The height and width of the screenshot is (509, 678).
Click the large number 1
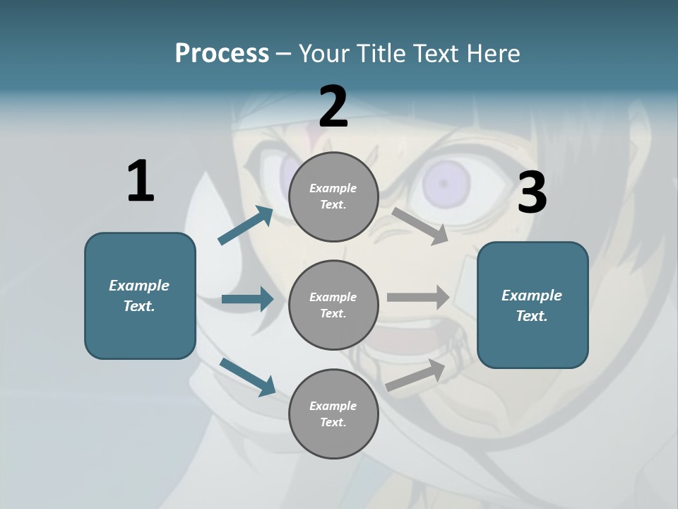141,181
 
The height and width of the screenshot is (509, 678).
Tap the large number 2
333,106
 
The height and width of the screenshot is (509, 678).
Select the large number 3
532,192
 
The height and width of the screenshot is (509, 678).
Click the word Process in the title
222,53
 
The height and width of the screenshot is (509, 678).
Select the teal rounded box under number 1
140,296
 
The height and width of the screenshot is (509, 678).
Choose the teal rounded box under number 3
533,305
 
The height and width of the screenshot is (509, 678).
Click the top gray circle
333,197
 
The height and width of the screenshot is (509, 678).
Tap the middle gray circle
333,305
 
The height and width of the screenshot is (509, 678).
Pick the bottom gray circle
333,414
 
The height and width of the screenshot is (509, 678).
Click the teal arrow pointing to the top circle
246,226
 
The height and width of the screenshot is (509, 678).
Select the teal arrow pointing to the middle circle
247,300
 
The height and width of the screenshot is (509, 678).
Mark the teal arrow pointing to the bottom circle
247,376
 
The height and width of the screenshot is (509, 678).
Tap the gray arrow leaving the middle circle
418,298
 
